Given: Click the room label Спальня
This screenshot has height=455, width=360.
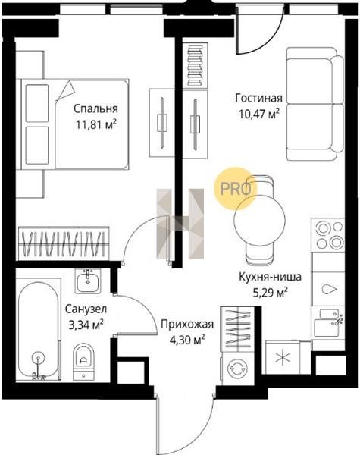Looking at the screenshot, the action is (x=95, y=108).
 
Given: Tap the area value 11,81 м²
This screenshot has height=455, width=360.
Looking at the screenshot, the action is (x=96, y=125).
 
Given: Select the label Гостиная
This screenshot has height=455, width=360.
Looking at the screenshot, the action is (x=258, y=98).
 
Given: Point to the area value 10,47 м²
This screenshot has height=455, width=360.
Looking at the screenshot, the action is (x=259, y=114).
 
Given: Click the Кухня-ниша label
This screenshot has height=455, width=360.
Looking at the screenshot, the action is (x=270, y=277).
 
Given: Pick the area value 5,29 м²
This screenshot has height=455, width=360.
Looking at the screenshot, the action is (x=271, y=293).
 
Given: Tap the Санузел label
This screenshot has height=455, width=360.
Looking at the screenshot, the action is (x=86, y=309).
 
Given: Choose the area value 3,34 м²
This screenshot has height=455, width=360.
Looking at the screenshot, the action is (x=86, y=325).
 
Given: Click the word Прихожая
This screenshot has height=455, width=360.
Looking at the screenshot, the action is (x=187, y=324).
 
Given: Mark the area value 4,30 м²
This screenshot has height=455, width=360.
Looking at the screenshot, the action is (x=187, y=340).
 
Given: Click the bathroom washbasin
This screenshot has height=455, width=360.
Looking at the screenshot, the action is (x=88, y=281).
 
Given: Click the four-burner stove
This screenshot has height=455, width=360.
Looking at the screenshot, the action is (x=329, y=235).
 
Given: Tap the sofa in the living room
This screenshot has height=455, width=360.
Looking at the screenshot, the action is (x=315, y=104).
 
